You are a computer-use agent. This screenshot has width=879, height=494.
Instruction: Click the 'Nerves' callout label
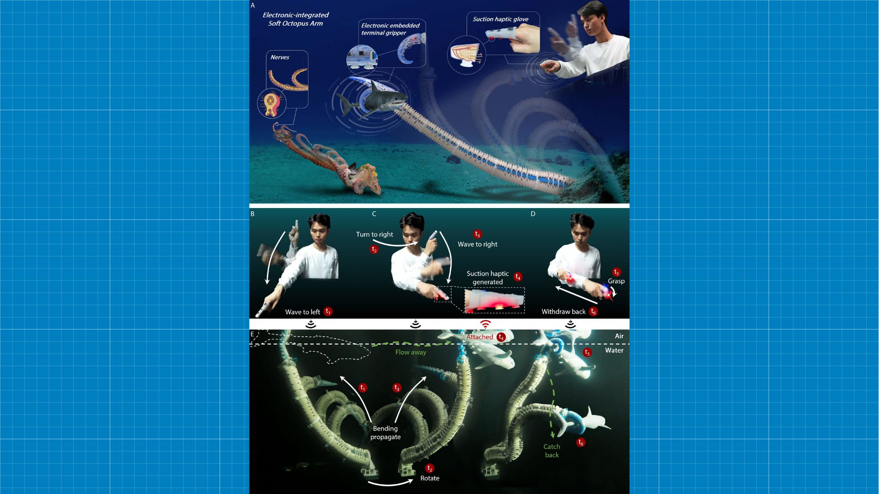pos(279,57)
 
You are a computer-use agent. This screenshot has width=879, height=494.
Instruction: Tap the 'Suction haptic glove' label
pos(500,19)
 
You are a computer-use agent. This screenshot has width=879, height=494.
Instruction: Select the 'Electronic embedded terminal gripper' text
pos(390,29)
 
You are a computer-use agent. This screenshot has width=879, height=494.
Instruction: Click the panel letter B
pos(252,214)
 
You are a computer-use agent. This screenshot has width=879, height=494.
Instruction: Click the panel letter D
pos(532,214)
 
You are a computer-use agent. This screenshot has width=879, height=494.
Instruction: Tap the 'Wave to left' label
pos(302,312)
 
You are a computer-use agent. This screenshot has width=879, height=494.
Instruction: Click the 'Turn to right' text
pos(374,234)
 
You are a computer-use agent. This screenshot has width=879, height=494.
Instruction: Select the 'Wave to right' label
pos(477,244)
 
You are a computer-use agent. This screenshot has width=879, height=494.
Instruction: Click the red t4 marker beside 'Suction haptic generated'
pos(518,277)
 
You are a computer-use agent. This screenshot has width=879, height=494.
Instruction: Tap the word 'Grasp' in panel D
pos(616,281)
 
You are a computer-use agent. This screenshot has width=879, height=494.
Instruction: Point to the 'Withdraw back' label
pos(563,311)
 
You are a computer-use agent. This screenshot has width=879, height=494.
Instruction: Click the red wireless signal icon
pos(485,324)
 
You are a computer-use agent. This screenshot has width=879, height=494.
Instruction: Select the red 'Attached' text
pos(479,337)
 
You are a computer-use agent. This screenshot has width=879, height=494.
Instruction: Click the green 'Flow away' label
pos(411,352)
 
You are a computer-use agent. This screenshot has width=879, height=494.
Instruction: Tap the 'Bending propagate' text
pos(385,433)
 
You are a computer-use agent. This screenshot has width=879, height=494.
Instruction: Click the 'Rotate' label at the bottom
pos(429,478)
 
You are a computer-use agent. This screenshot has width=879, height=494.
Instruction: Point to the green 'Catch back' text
pos(552,451)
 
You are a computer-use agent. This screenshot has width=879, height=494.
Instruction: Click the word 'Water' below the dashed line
pos(614,350)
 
